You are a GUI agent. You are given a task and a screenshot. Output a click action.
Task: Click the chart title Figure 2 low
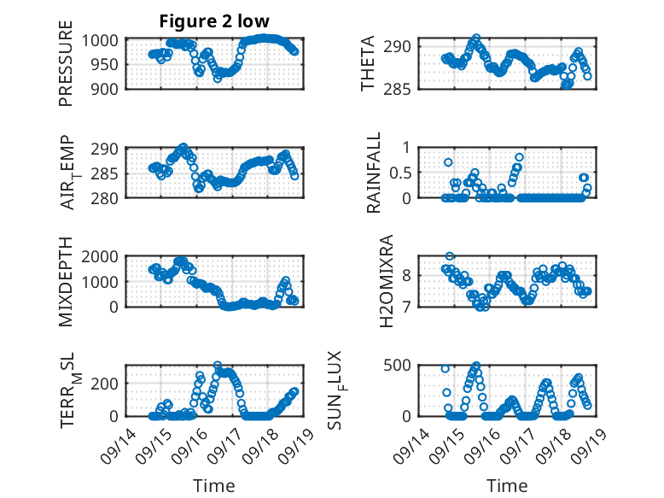click(215, 21)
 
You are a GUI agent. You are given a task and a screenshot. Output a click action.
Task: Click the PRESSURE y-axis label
click(66, 70)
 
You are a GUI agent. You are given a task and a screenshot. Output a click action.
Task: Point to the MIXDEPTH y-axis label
click(66, 282)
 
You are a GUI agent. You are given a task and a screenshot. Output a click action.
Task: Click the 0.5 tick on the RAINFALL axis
click(399, 173)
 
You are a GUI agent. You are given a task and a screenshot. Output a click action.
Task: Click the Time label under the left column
click(213, 486)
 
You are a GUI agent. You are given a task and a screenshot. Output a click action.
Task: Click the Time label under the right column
click(507, 486)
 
